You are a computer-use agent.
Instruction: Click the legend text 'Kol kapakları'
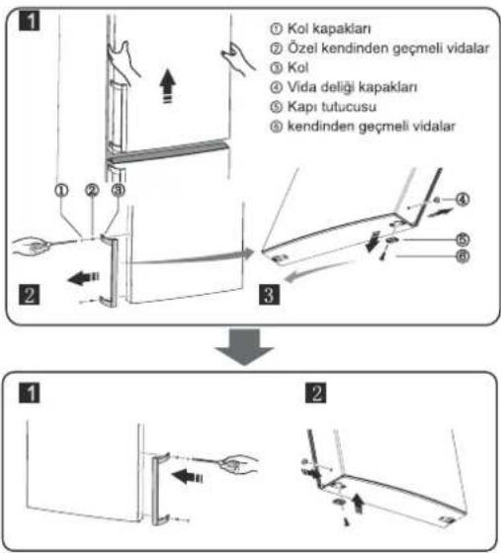click(x=329, y=29)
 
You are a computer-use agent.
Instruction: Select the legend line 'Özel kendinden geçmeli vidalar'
click(x=388, y=48)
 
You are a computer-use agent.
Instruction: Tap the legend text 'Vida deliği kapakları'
click(x=352, y=87)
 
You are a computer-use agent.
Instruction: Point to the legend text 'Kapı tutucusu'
click(x=332, y=107)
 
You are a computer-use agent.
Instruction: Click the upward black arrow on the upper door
click(x=167, y=86)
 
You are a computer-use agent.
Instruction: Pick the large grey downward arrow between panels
click(x=244, y=346)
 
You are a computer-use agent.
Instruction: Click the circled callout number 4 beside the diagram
click(x=462, y=200)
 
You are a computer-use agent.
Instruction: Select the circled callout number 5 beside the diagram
click(x=462, y=240)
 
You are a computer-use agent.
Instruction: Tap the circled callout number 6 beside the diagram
click(x=462, y=256)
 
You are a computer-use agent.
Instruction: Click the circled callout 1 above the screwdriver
click(x=61, y=190)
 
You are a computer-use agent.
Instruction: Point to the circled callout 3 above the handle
click(x=119, y=190)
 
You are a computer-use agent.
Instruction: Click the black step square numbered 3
click(x=270, y=294)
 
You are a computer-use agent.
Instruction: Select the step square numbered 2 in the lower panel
click(x=315, y=393)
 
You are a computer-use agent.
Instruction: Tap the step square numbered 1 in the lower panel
click(x=30, y=393)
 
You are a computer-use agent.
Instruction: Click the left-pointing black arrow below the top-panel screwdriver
click(x=83, y=278)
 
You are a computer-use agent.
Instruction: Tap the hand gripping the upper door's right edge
click(x=237, y=58)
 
